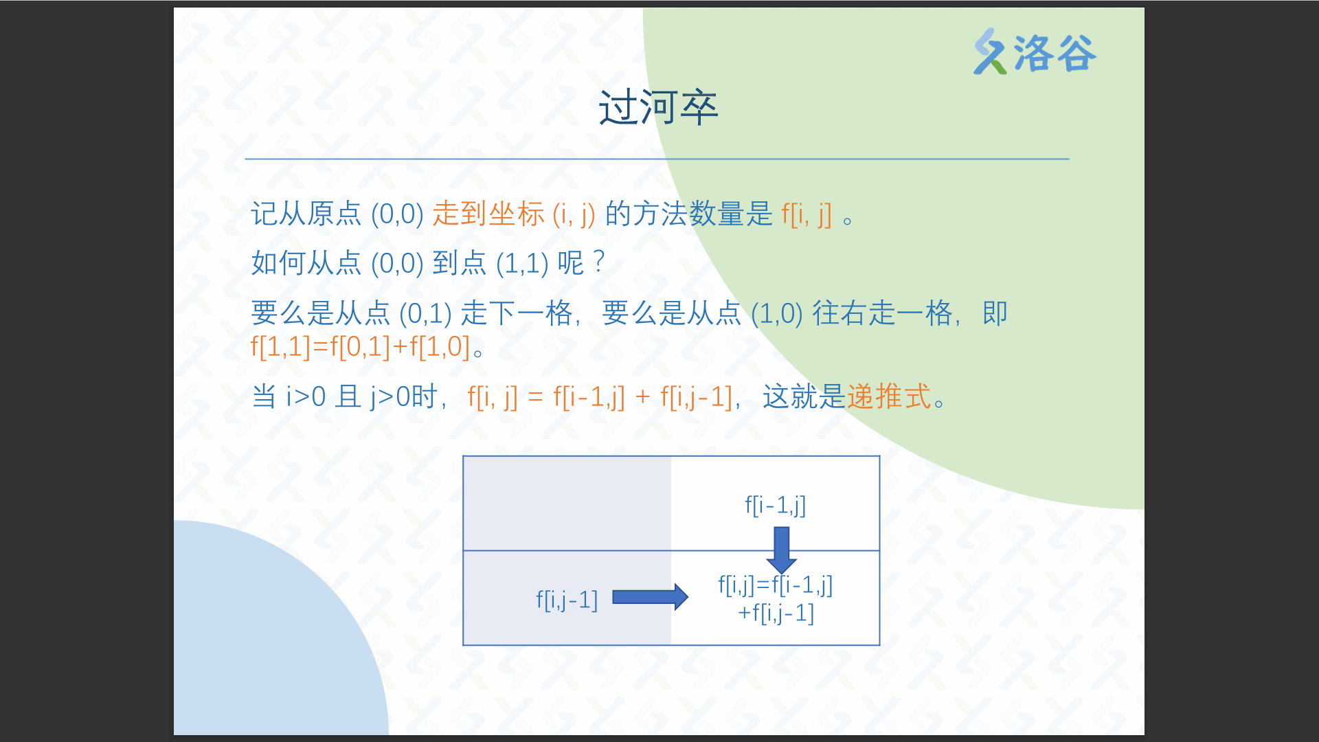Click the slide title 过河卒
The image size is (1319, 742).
658,108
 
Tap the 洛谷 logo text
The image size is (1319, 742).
1055,53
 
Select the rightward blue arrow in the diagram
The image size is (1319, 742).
650,597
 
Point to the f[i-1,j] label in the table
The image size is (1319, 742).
776,505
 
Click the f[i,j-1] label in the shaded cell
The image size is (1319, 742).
567,600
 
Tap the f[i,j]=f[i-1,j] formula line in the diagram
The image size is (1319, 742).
776,585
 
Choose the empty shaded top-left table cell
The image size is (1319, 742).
567,504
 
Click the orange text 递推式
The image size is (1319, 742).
889,396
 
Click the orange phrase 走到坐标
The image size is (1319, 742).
488,214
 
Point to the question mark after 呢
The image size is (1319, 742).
599,262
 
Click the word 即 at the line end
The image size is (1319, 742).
995,313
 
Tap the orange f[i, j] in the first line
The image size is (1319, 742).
807,214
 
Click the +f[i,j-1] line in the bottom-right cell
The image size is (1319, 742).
776,612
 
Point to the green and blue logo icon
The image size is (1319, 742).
990,51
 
